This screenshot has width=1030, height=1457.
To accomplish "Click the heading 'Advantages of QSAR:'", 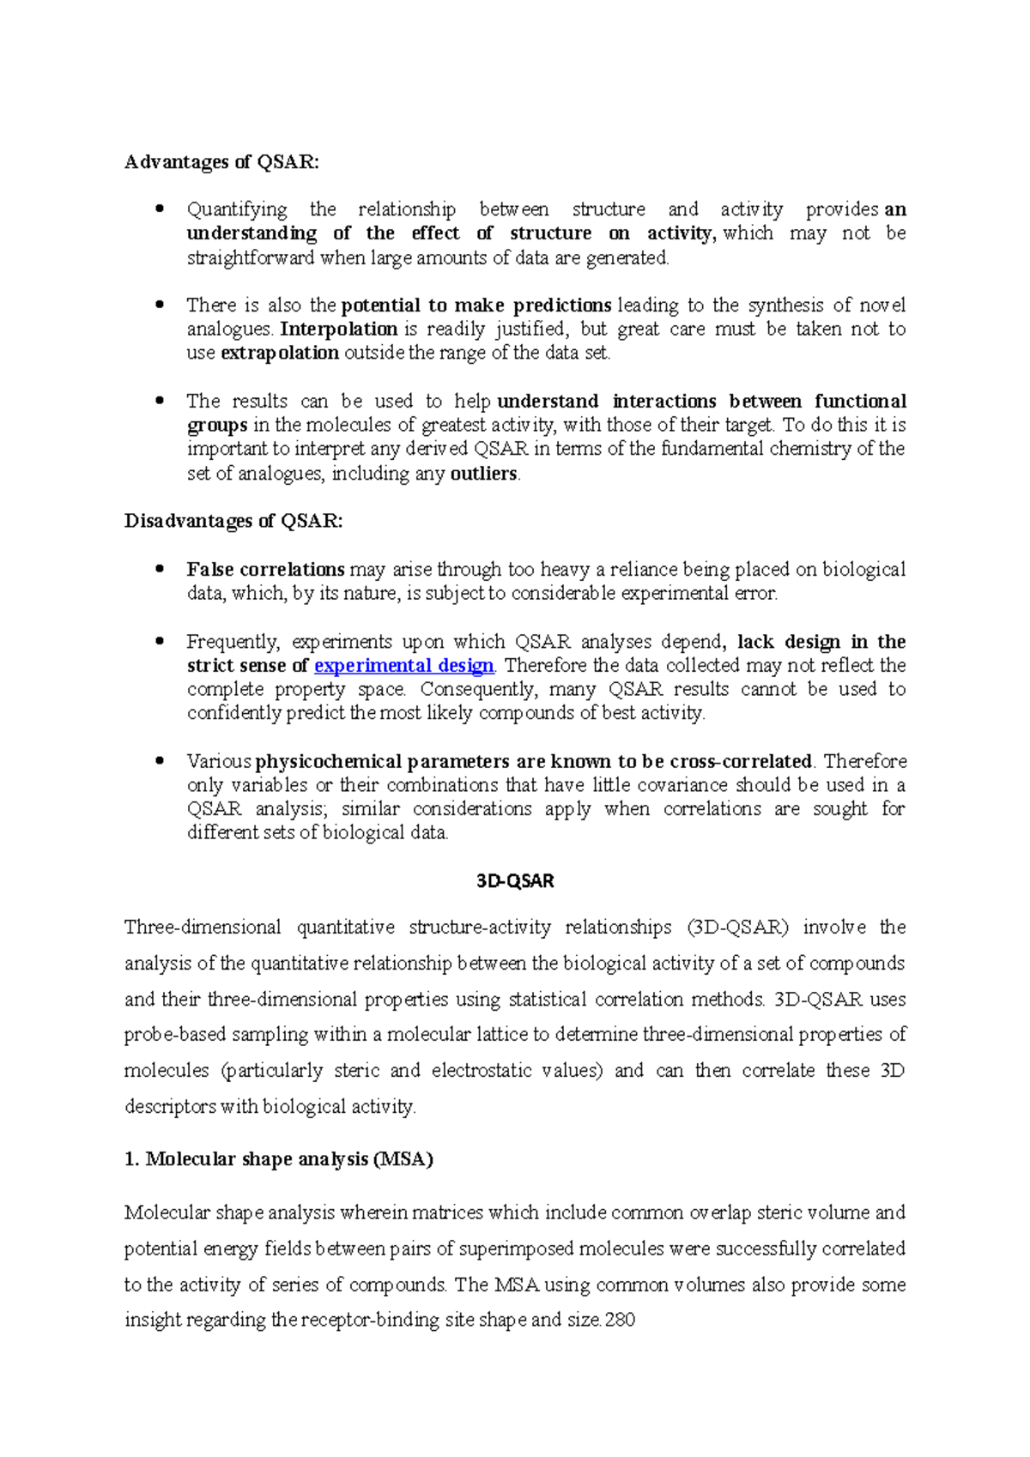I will coord(221,162).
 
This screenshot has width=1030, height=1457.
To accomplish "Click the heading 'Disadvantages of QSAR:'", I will coord(233,521).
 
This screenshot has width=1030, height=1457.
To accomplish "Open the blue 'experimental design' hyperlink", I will coord(404,666).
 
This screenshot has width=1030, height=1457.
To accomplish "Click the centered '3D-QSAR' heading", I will coord(515,881).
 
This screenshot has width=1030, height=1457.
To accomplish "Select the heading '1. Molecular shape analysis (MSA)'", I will coord(279,1159).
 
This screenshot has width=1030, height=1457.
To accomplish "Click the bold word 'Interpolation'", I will coord(339,329).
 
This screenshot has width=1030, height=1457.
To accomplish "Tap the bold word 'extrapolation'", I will coord(280,353).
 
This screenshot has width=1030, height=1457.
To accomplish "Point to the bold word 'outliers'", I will coord(483,474).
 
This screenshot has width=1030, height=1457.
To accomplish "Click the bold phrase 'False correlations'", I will coord(266,570).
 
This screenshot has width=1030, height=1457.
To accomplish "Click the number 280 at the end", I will coord(620,1320).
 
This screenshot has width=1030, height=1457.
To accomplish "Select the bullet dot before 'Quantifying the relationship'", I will coord(159,209).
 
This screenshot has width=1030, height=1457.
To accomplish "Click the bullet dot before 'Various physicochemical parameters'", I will coord(159,760).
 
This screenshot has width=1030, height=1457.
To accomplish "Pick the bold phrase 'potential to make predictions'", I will coord(476,305).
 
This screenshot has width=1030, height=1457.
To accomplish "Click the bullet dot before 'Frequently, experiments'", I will coord(159,641).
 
